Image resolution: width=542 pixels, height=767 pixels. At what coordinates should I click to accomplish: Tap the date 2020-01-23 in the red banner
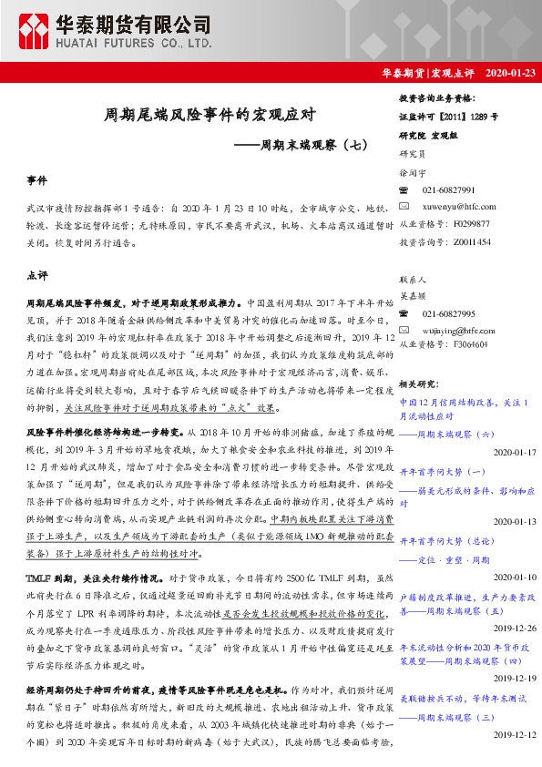[506, 73]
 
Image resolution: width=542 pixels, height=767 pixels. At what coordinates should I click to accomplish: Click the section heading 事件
[37, 182]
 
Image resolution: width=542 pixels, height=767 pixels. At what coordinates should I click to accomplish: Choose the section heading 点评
[37, 274]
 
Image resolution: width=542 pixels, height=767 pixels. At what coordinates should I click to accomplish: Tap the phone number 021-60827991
[448, 189]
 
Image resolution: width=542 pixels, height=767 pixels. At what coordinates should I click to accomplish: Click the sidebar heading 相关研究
[420, 384]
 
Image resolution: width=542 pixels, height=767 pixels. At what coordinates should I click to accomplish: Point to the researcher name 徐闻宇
[413, 171]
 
